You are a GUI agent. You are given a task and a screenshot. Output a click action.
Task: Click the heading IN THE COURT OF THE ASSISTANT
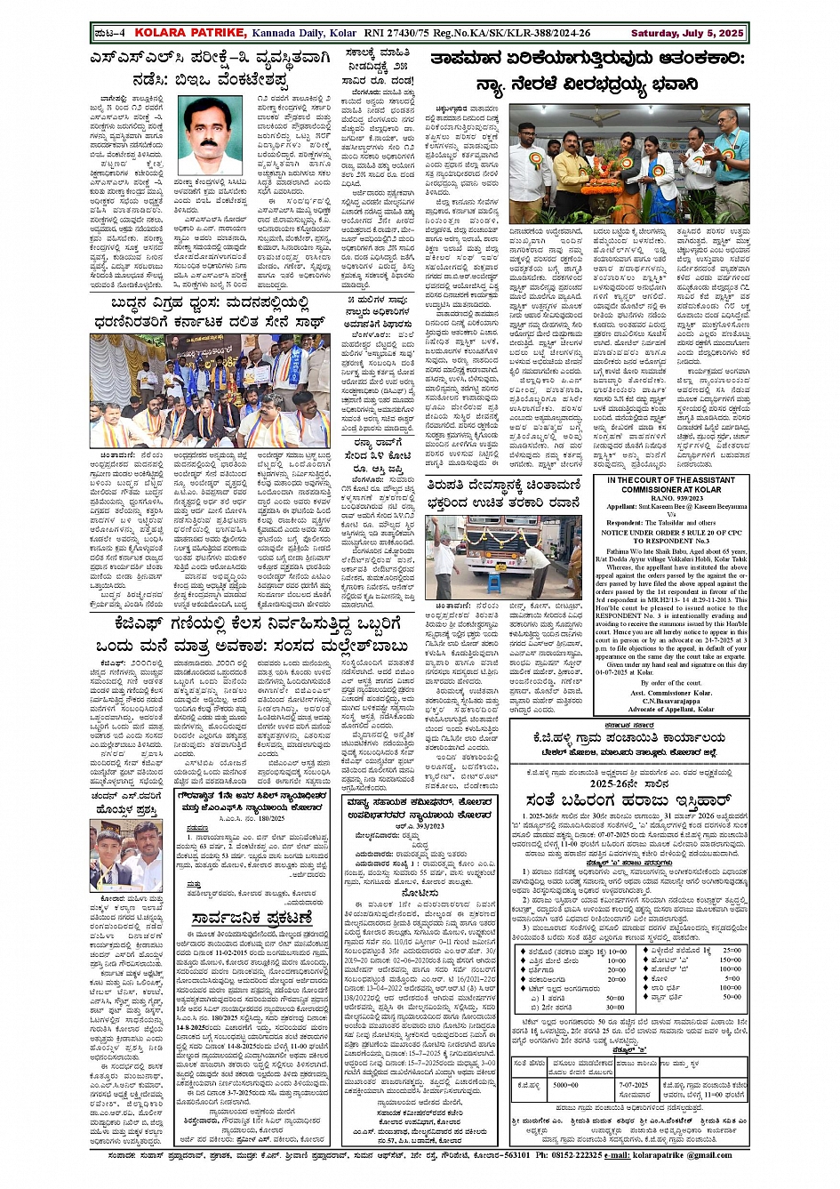tap(671, 480)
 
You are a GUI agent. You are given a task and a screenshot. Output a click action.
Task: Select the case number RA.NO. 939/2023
tap(671, 499)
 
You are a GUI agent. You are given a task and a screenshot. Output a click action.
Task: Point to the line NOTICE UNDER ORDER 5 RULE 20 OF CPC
tap(671, 532)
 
